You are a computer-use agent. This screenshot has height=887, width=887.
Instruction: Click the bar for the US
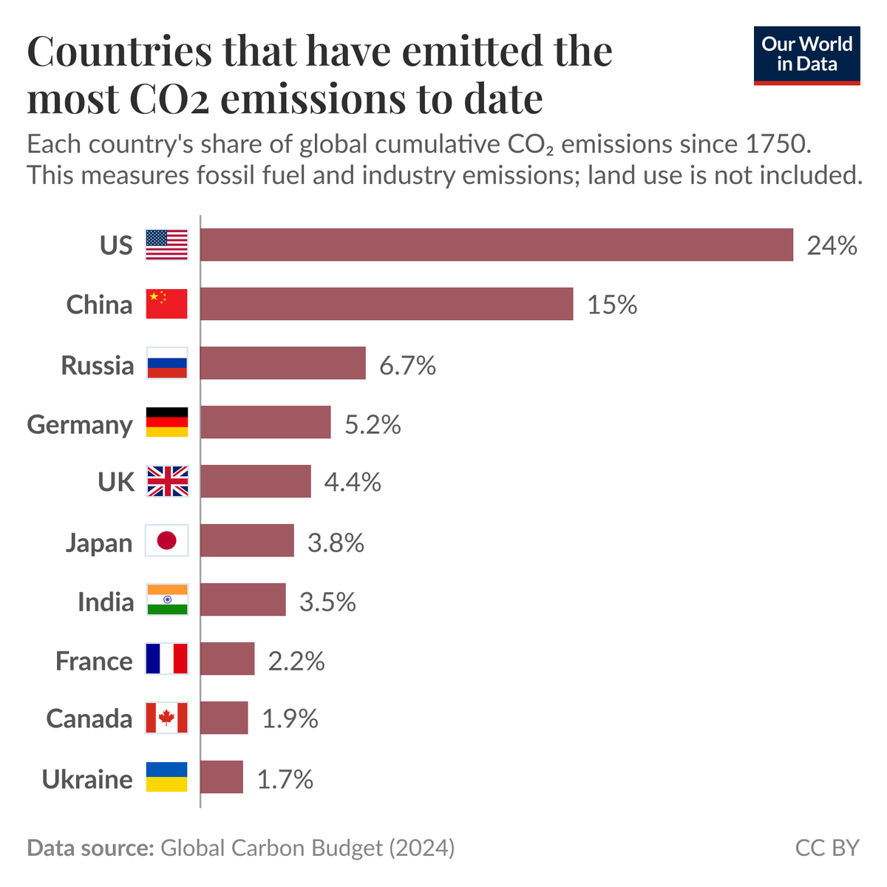point(496,245)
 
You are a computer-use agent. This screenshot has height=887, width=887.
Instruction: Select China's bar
point(387,304)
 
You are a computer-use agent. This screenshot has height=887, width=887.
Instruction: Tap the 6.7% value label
point(407,365)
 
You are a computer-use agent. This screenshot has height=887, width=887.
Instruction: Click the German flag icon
point(167,422)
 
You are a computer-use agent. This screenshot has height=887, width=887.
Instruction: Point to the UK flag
point(167,481)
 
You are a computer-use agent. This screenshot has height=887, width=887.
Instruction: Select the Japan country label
point(99,543)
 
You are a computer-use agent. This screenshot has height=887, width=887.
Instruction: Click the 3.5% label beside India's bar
point(327,602)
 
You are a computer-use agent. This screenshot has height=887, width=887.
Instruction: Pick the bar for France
point(228,659)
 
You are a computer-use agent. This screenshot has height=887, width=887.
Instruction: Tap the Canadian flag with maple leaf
point(167,718)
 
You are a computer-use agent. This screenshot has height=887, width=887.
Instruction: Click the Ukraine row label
point(87,779)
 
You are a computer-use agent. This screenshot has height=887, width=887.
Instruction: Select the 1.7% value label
point(285,779)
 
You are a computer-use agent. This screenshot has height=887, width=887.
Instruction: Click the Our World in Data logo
point(806,55)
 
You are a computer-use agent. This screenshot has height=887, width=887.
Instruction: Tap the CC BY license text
point(827,848)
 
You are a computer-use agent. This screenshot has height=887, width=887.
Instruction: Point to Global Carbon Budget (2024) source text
point(307,848)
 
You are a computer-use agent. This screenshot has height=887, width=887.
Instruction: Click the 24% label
point(832,245)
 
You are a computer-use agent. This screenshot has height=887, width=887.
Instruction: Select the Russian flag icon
point(167,363)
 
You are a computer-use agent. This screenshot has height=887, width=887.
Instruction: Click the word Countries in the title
point(119,52)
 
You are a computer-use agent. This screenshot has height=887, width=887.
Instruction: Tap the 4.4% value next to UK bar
point(353,483)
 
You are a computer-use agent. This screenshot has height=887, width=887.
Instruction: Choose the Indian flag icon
point(167,599)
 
